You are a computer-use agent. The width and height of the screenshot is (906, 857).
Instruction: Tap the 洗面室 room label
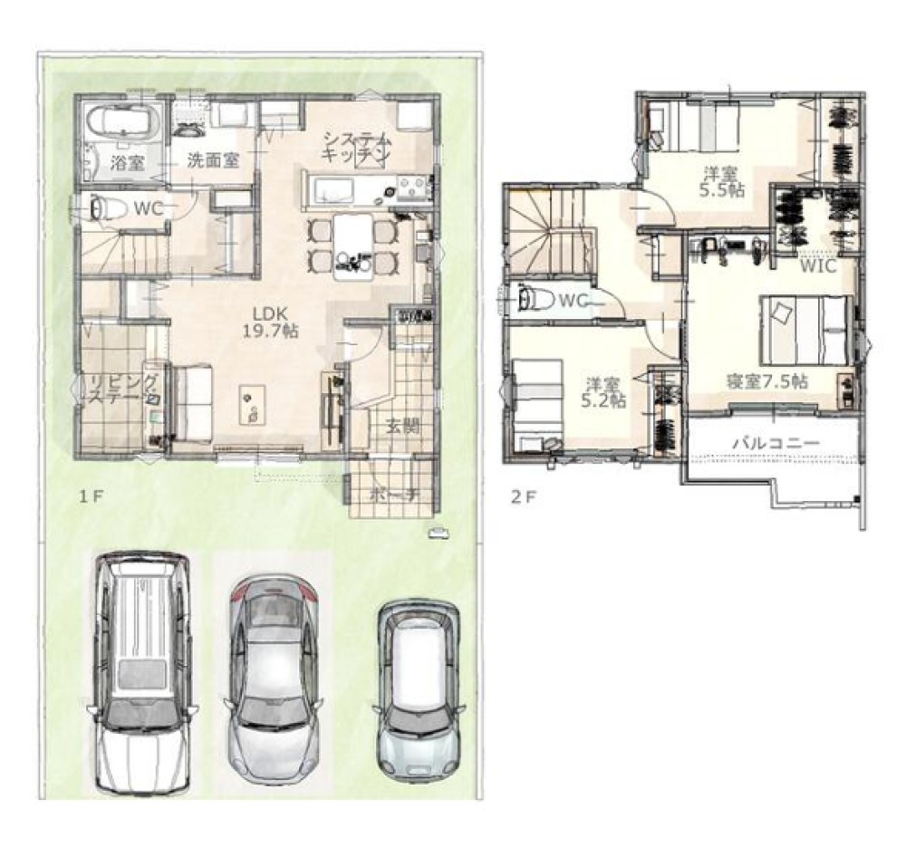(x=213, y=160)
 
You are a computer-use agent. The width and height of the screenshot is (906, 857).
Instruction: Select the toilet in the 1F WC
(x=105, y=207)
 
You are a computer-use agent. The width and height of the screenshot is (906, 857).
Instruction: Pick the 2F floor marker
(x=524, y=497)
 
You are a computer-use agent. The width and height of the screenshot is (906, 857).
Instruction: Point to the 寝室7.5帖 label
(x=766, y=381)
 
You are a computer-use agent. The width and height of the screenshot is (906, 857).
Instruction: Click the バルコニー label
(x=776, y=443)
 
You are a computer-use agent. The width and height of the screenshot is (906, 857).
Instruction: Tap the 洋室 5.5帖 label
(x=721, y=181)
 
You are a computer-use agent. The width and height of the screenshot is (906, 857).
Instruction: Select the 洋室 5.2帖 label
(x=603, y=392)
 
